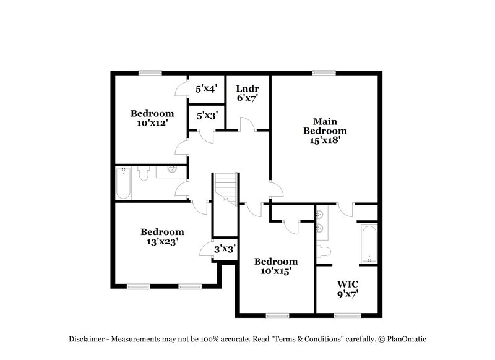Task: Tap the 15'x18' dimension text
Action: pos(324,140)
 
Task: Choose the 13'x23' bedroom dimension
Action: pos(162,242)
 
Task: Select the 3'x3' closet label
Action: pos(223,249)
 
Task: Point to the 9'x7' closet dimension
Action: pos(347,294)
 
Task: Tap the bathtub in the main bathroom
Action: pos(368,244)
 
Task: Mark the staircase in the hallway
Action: pos(226,186)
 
